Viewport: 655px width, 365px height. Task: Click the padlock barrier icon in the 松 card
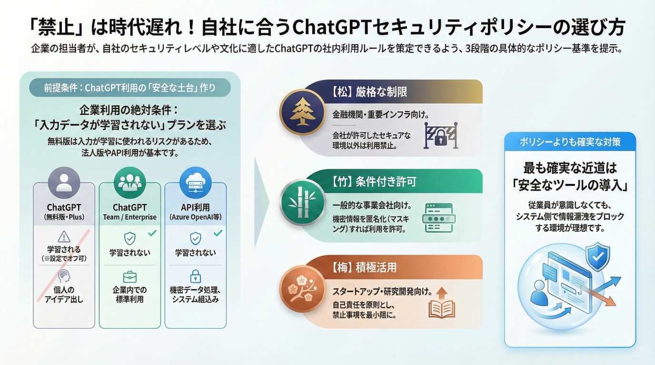(440, 135)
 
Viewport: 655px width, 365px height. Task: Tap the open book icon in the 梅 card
(442, 304)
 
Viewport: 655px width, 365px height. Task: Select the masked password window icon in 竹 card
(439, 218)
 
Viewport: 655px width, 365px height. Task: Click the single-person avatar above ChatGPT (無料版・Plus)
(64, 182)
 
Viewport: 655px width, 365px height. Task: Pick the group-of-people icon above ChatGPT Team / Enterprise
(129, 182)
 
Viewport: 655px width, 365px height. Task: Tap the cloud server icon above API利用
(195, 182)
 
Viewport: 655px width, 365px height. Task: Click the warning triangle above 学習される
(64, 237)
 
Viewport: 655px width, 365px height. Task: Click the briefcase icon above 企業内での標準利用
(129, 277)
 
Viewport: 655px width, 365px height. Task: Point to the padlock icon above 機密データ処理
(195, 276)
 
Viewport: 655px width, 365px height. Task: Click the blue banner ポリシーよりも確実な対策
(570, 142)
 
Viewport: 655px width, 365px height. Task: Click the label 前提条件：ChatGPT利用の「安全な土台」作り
(129, 87)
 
